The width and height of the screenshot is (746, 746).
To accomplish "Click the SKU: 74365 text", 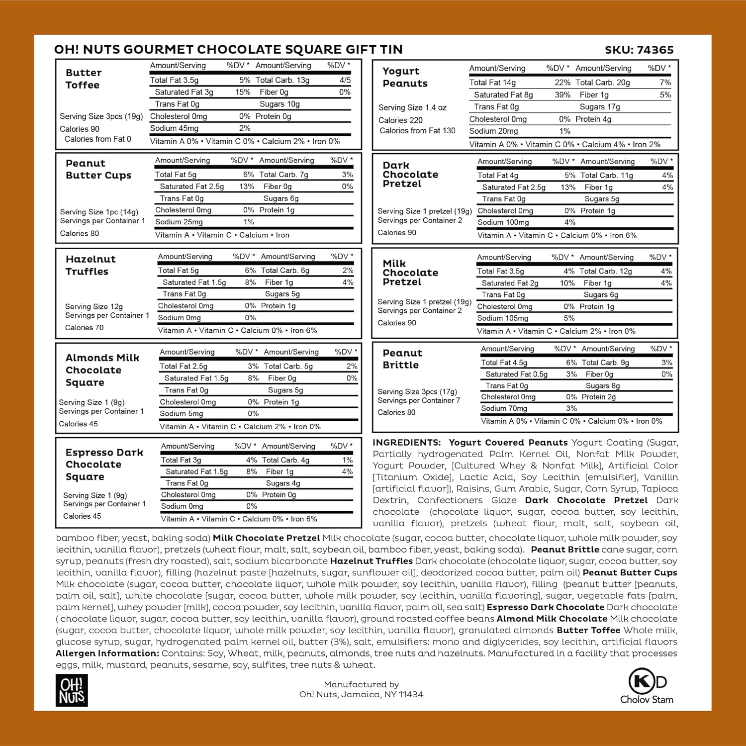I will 639,50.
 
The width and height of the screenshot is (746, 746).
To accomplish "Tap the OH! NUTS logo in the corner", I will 72,690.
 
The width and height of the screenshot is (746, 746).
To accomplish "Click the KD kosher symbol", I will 647,681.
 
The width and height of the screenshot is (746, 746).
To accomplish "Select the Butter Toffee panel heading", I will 83,79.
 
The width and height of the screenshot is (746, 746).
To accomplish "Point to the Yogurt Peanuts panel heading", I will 404,77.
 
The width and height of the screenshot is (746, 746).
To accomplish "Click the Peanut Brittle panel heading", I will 402,359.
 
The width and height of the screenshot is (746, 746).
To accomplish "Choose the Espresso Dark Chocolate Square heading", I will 104,464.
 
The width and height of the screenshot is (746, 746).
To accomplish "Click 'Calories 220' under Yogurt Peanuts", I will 400,120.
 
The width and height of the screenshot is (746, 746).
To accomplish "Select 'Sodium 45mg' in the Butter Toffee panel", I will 174,128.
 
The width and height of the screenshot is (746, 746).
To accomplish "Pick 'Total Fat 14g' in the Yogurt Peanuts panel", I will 492,83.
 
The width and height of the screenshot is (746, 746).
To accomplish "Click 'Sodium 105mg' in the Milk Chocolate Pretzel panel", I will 502,318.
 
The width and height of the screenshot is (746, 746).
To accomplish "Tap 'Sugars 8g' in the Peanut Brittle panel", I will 602,386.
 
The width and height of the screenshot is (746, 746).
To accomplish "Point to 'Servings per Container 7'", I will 418,400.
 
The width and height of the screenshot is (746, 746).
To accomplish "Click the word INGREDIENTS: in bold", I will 406,443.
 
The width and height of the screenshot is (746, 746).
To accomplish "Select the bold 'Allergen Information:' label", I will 107,653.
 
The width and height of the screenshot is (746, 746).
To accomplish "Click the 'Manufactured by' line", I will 361,684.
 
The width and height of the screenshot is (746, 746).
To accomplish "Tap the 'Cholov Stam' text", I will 647,700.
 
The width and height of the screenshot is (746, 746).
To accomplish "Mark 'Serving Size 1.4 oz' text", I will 412,107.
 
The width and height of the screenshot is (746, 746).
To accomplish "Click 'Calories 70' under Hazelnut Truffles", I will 84,327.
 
